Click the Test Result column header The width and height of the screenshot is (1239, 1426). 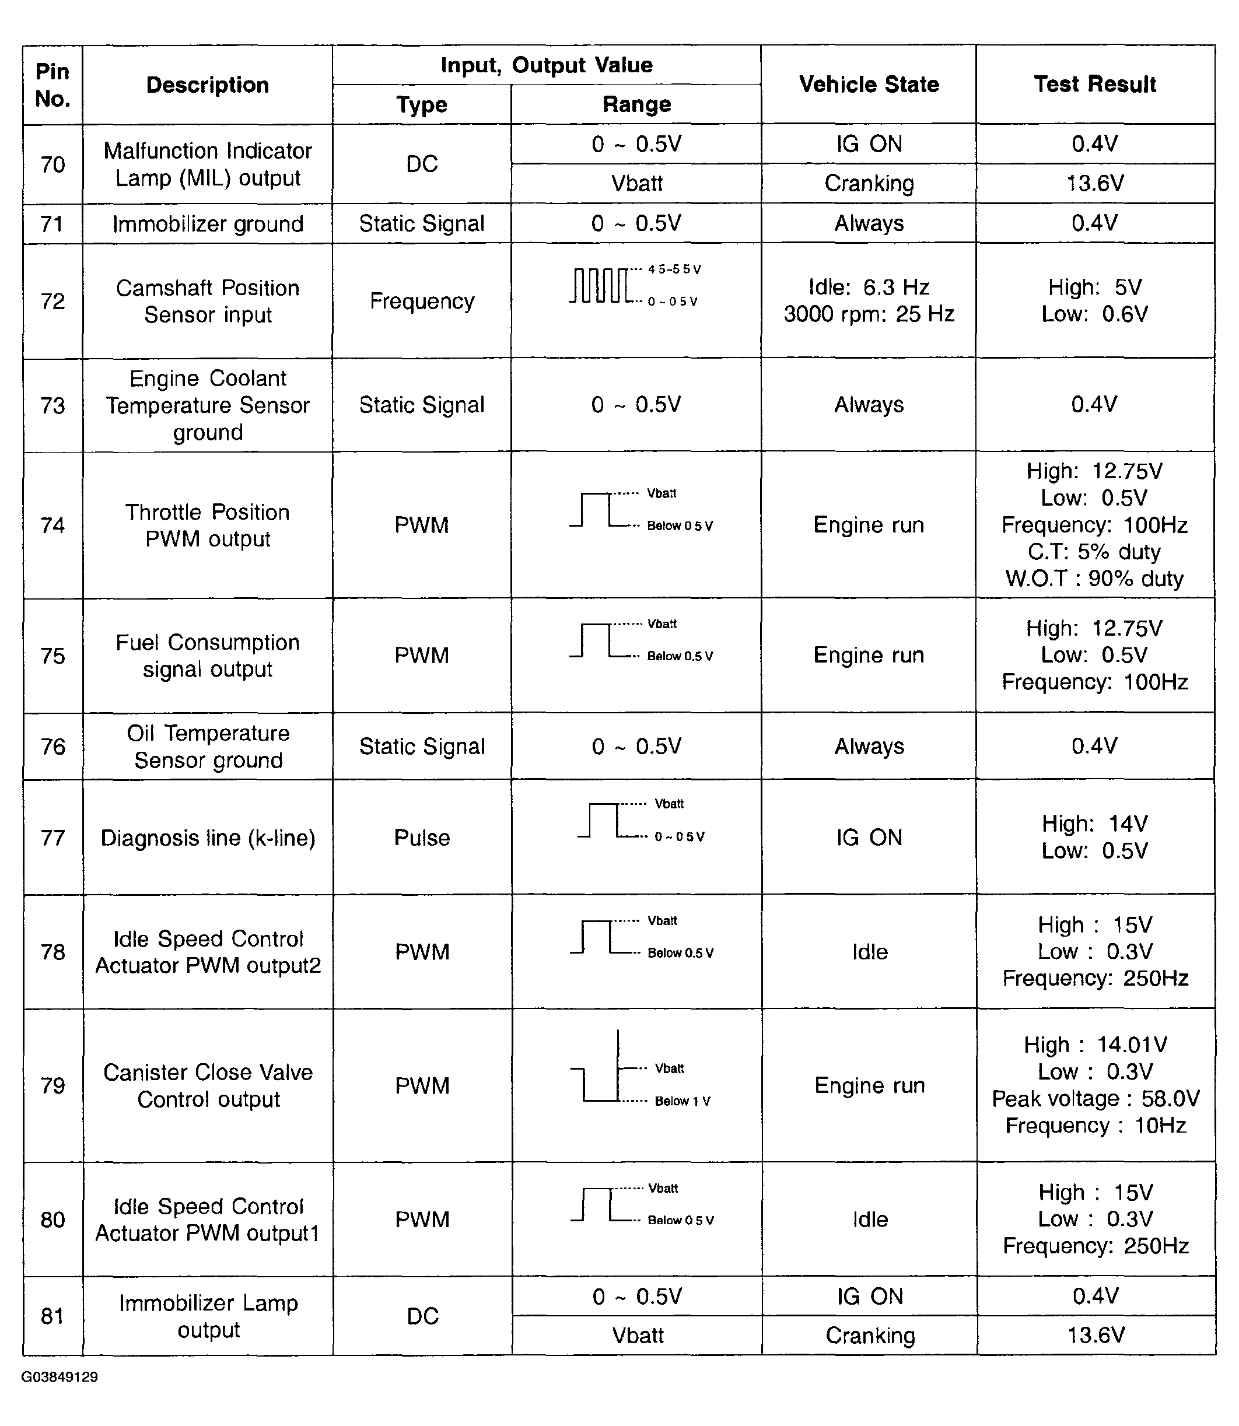1094,85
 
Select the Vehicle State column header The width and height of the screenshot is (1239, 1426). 869,85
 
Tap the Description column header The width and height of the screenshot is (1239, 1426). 208,85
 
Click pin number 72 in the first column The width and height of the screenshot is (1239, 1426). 52,302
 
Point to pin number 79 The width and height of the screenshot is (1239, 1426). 52,1086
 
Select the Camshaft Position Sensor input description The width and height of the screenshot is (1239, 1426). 208,302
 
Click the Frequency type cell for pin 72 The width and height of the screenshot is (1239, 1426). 422,302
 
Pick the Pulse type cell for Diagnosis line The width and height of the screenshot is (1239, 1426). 422,838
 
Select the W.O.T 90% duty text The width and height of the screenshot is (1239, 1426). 1094,579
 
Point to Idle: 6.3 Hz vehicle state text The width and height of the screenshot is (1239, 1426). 869,288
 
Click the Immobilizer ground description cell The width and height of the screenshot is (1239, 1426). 208,224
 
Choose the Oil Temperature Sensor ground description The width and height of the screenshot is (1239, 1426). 208,747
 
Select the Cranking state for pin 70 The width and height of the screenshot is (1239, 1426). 869,184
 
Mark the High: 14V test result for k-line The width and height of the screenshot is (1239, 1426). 1094,824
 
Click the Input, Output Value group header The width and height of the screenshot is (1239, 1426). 546,65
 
